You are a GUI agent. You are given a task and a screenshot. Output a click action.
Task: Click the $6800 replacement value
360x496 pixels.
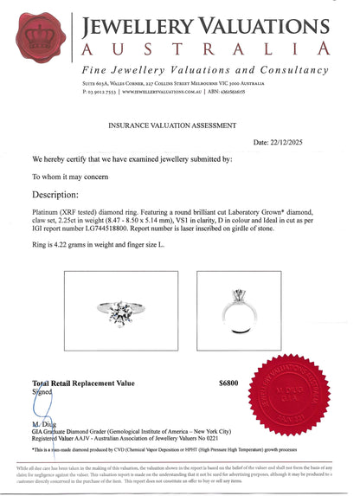pos(228,382)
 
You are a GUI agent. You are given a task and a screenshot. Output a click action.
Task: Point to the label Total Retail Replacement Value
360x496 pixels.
pos(83,382)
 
